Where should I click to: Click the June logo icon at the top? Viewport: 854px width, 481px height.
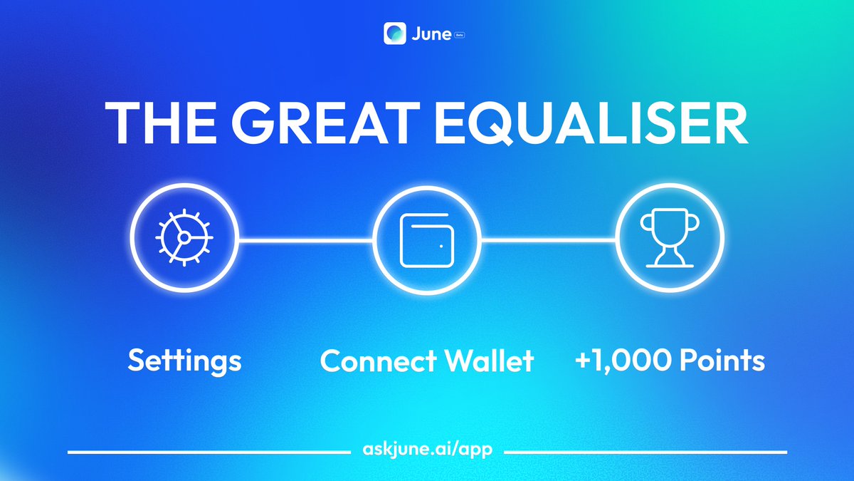coord(394,33)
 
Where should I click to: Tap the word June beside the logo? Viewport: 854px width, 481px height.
coord(430,34)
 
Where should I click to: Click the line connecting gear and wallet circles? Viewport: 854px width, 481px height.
coord(305,240)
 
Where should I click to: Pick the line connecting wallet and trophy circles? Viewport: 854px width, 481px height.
coord(548,240)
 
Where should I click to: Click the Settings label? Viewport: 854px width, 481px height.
coord(184,361)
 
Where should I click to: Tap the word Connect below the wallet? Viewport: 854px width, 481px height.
coord(378,361)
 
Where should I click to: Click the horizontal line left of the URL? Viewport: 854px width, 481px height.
coord(209,452)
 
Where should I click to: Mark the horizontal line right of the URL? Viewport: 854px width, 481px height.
coord(645,452)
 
